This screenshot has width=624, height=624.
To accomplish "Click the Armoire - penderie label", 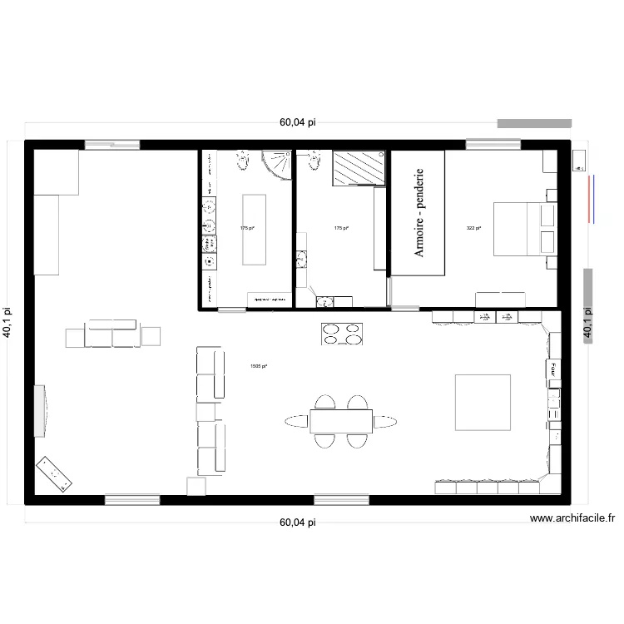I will (420, 212).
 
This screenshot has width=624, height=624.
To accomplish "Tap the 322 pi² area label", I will (474, 227).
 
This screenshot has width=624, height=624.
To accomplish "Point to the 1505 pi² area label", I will (259, 365).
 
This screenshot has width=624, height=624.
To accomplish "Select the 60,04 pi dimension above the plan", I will (298, 122).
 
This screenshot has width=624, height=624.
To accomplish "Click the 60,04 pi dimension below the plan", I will (298, 523).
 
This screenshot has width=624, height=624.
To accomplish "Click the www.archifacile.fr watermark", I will (572, 518).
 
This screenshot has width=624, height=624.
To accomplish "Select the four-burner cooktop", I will (342, 333).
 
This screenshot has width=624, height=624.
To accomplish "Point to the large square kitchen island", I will (483, 402).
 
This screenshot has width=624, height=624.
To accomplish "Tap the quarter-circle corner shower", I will (276, 166).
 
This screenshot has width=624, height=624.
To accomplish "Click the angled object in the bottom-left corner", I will (54, 474).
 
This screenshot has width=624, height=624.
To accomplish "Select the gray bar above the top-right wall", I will (535, 123).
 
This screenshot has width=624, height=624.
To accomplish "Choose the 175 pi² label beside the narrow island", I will (245, 227).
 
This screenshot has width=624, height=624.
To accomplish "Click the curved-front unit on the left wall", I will (40, 410).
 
